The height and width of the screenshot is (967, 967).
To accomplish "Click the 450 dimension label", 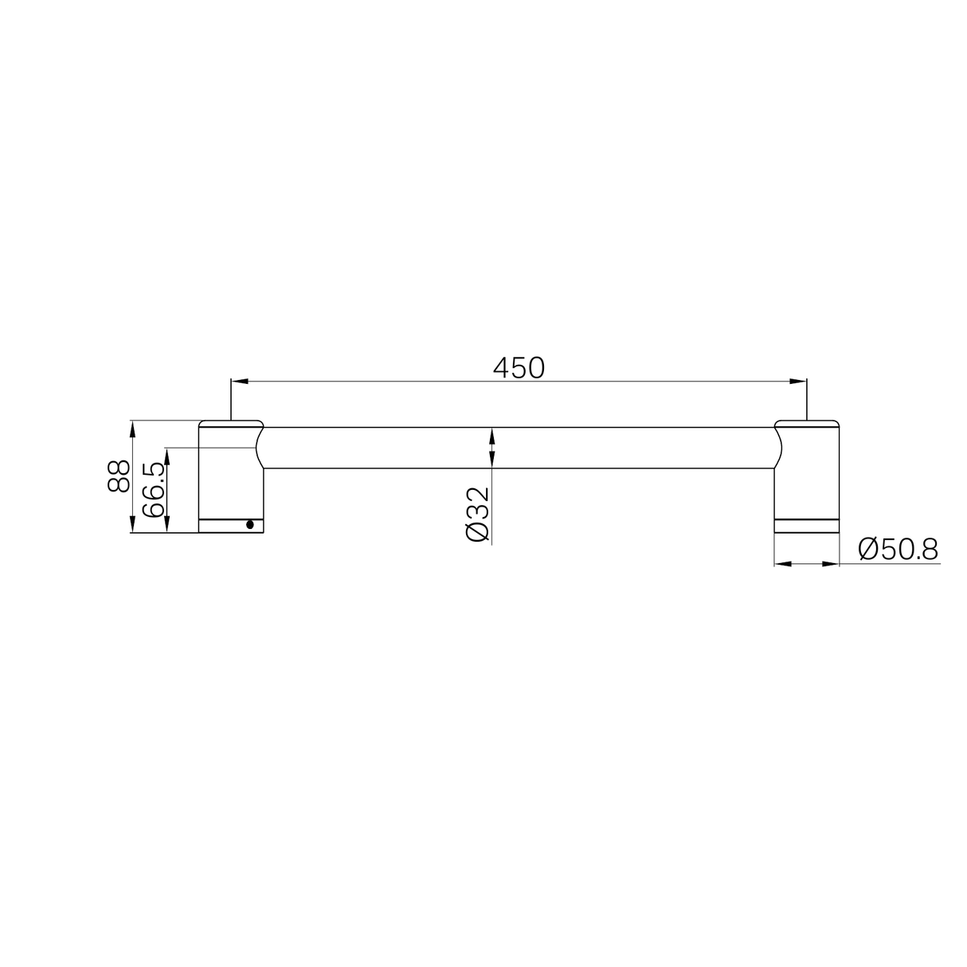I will point(518,368).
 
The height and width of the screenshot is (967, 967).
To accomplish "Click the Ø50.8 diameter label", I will point(898,549).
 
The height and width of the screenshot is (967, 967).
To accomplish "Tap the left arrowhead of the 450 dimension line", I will point(238,382).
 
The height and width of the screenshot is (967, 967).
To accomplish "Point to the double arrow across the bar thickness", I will point(492,448).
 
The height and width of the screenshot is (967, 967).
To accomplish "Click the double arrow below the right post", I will point(806,564).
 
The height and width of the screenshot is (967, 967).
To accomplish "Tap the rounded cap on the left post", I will point(230,423).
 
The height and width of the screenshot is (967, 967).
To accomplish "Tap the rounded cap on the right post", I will point(806,423).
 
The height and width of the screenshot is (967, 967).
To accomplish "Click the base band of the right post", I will point(806,524).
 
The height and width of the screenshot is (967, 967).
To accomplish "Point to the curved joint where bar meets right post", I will point(778,448).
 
